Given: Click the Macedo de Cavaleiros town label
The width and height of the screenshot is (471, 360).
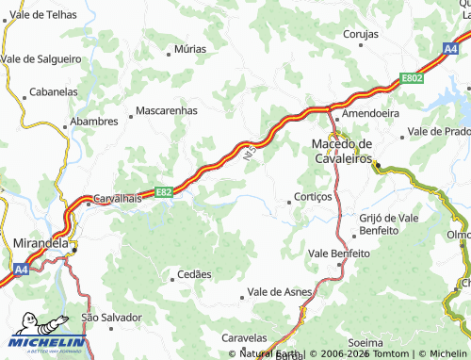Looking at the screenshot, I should (342, 150).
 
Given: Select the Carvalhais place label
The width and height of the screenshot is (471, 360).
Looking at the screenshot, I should (117, 200).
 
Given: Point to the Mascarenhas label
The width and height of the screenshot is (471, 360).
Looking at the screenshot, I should (167, 110).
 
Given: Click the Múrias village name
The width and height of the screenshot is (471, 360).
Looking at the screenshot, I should (190, 48).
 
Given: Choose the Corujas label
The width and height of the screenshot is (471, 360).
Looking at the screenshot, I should (360, 33).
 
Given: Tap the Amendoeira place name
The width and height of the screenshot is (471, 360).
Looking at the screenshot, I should (370, 112).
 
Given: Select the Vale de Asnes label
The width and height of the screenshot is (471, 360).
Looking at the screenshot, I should (279, 292).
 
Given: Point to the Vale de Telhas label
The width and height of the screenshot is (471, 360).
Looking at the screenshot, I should (42, 15).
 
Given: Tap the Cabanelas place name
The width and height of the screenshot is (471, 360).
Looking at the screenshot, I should (54, 92).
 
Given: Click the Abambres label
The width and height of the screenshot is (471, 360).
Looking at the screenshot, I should (93, 122).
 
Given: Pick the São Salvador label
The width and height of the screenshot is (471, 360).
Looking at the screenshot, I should (111, 318).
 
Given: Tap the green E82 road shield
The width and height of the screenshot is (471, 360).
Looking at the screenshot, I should (163, 191).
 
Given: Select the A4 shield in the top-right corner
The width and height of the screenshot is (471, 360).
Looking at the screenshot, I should (450, 46).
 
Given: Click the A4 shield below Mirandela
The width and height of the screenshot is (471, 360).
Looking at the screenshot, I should (21, 269).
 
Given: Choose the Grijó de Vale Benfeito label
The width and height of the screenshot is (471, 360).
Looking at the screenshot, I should (388, 223).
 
